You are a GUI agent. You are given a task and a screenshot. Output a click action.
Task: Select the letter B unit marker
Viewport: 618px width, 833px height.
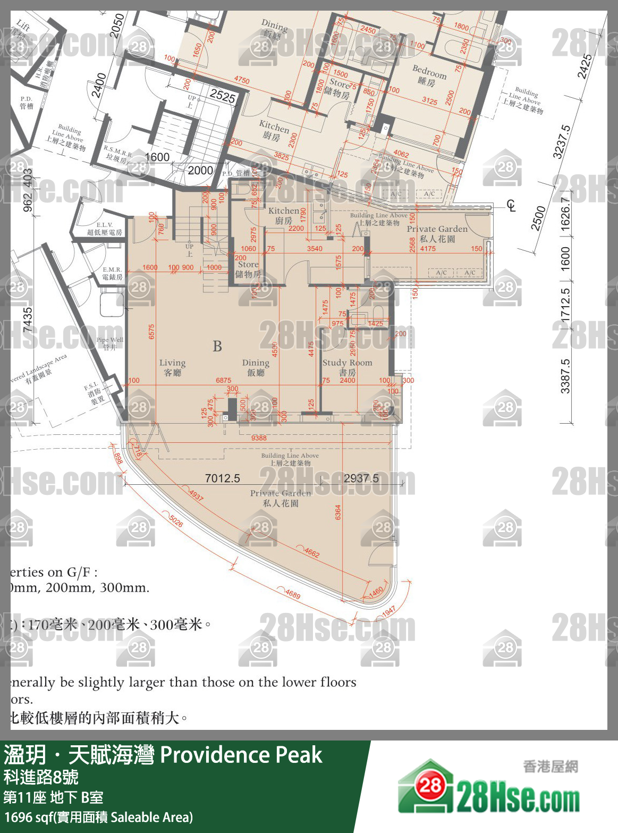coord(217,347)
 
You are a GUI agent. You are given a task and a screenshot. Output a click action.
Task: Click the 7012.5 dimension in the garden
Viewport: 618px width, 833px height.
coord(222,478)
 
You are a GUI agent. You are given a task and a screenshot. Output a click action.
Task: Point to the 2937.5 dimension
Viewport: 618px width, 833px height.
coord(361,478)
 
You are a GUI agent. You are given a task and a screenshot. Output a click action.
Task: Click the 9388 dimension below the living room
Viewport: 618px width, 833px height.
coord(259,438)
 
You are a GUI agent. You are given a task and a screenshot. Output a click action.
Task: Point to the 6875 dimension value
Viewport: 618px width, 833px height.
coord(223,381)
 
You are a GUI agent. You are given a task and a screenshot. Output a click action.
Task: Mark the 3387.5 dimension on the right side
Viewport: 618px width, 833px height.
coord(565,376)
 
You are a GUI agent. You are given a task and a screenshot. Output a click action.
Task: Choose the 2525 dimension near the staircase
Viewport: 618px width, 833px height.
coord(222,96)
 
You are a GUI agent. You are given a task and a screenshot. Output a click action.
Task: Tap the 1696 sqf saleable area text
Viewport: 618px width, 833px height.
coord(98,817)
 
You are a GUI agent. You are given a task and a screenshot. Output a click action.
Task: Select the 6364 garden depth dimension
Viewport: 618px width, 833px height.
coord(338,512)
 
